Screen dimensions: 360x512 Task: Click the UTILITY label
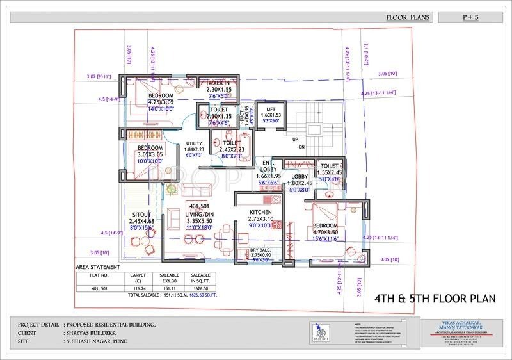[x=194, y=143]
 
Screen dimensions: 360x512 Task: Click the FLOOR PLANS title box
[x=408, y=17]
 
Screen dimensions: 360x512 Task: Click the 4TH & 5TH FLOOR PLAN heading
[x=435, y=299]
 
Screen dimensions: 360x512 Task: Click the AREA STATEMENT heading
[x=98, y=266]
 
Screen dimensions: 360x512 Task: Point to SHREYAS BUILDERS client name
[x=90, y=333]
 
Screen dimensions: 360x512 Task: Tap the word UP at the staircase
[x=295, y=139]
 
